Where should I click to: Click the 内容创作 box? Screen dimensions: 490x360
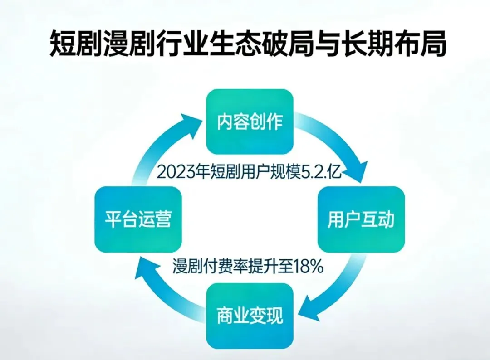[x=250, y=122]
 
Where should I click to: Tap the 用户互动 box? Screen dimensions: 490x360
[x=361, y=220]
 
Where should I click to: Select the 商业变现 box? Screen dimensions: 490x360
[x=250, y=316]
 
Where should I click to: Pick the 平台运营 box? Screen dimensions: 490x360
[x=138, y=220]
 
